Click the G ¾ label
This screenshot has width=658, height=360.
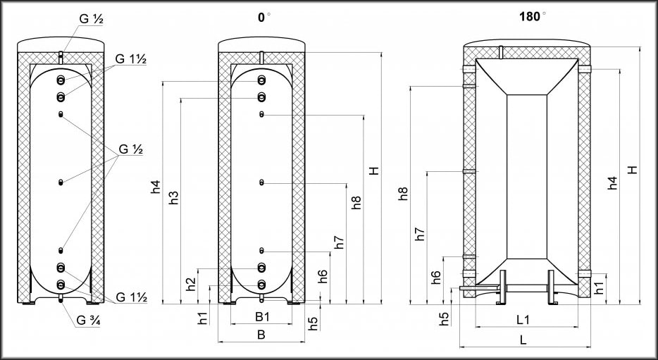(87, 321)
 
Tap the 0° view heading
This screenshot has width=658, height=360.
(263, 17)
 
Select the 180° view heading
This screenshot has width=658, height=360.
(533, 16)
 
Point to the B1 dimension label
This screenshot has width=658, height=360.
(262, 317)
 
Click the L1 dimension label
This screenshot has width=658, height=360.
(523, 320)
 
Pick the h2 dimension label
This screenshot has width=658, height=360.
(191, 285)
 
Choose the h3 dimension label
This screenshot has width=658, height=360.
(174, 198)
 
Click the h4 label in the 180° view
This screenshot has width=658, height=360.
(613, 183)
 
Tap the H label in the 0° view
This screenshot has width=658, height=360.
(374, 170)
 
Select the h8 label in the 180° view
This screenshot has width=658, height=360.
(403, 194)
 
